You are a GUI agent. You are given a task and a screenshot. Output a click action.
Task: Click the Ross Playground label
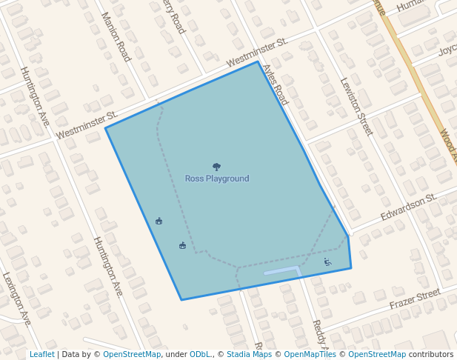pos(217,179)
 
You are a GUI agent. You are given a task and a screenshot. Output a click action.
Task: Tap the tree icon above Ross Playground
pos(216,167)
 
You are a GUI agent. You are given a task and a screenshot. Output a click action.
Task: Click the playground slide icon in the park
pos(327,261)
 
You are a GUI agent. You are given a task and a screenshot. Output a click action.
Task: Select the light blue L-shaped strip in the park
pos(282,270)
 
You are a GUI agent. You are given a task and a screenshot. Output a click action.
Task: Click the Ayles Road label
pos(275,84)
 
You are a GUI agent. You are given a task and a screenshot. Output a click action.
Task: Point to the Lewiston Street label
pos(356,107)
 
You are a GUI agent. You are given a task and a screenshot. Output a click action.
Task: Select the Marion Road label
pos(116,36)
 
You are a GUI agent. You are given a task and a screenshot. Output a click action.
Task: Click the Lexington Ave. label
pos(17,299)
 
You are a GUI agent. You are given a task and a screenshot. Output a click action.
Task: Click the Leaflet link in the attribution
pos(41,354)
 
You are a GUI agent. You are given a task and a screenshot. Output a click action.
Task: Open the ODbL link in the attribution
pos(200,354)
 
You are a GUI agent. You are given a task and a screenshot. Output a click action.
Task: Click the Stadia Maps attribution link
pos(249,354)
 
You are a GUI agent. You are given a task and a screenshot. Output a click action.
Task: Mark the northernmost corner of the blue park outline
pos(258,61)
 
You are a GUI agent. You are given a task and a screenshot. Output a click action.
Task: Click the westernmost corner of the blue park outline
pos(105,128)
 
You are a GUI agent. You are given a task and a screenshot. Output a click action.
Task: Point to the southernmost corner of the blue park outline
pos(181,300)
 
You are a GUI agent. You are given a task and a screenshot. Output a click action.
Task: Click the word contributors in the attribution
pos(431,354)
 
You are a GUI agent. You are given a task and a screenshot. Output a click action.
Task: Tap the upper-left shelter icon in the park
pos(159,221)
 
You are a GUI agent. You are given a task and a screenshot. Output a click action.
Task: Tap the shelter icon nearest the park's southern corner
pos(182,245)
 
